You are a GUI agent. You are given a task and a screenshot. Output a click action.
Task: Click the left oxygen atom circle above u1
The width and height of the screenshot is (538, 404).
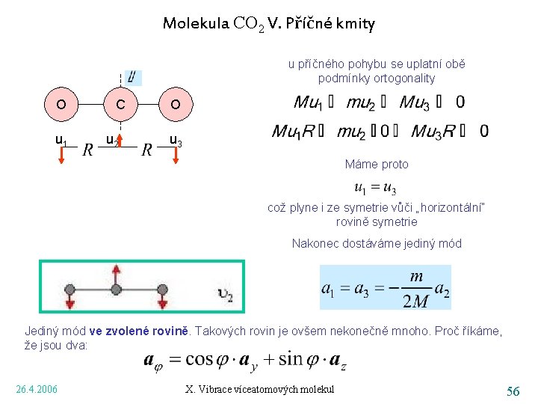[x=60, y=105]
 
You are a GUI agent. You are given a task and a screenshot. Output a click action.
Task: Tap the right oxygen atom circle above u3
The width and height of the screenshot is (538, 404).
[x=174, y=105]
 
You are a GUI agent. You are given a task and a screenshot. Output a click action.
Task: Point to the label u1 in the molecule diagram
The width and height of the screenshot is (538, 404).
[x=62, y=139]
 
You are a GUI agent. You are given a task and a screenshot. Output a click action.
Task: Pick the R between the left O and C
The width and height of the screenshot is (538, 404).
[x=88, y=150]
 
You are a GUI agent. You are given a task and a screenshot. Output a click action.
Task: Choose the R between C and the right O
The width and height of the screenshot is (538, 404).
[x=146, y=150]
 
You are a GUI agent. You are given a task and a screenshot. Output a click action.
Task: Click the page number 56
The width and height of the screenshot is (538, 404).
[x=513, y=391]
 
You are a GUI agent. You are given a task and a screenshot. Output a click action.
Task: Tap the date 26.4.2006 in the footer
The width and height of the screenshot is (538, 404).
[x=37, y=388]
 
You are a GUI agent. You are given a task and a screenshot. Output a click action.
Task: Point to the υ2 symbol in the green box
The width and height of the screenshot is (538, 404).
[x=225, y=296]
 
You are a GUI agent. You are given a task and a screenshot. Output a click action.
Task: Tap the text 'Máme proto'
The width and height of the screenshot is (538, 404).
[x=377, y=164]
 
